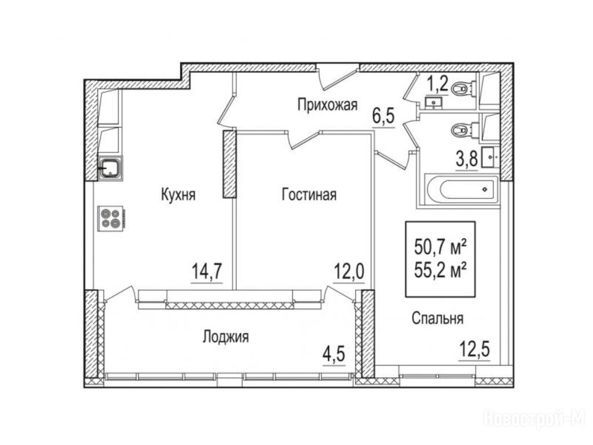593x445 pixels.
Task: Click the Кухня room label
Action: click(x=178, y=195)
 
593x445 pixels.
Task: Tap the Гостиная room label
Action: click(x=309, y=195)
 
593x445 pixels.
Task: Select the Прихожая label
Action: click(x=328, y=105)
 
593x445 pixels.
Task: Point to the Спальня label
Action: click(x=438, y=319)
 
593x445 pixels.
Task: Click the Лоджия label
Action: click(x=226, y=337)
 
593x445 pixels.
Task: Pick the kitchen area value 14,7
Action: click(x=207, y=271)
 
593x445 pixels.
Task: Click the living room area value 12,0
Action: click(x=349, y=271)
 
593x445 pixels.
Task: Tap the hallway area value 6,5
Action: click(x=383, y=116)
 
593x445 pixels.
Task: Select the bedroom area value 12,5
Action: click(x=475, y=349)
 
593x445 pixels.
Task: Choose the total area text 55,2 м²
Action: click(x=440, y=270)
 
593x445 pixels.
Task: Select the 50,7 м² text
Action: click(x=440, y=247)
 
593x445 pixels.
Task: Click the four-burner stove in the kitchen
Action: click(x=111, y=218)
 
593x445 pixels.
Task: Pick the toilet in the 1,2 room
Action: click(x=463, y=89)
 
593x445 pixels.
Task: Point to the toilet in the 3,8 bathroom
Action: click(x=463, y=130)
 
